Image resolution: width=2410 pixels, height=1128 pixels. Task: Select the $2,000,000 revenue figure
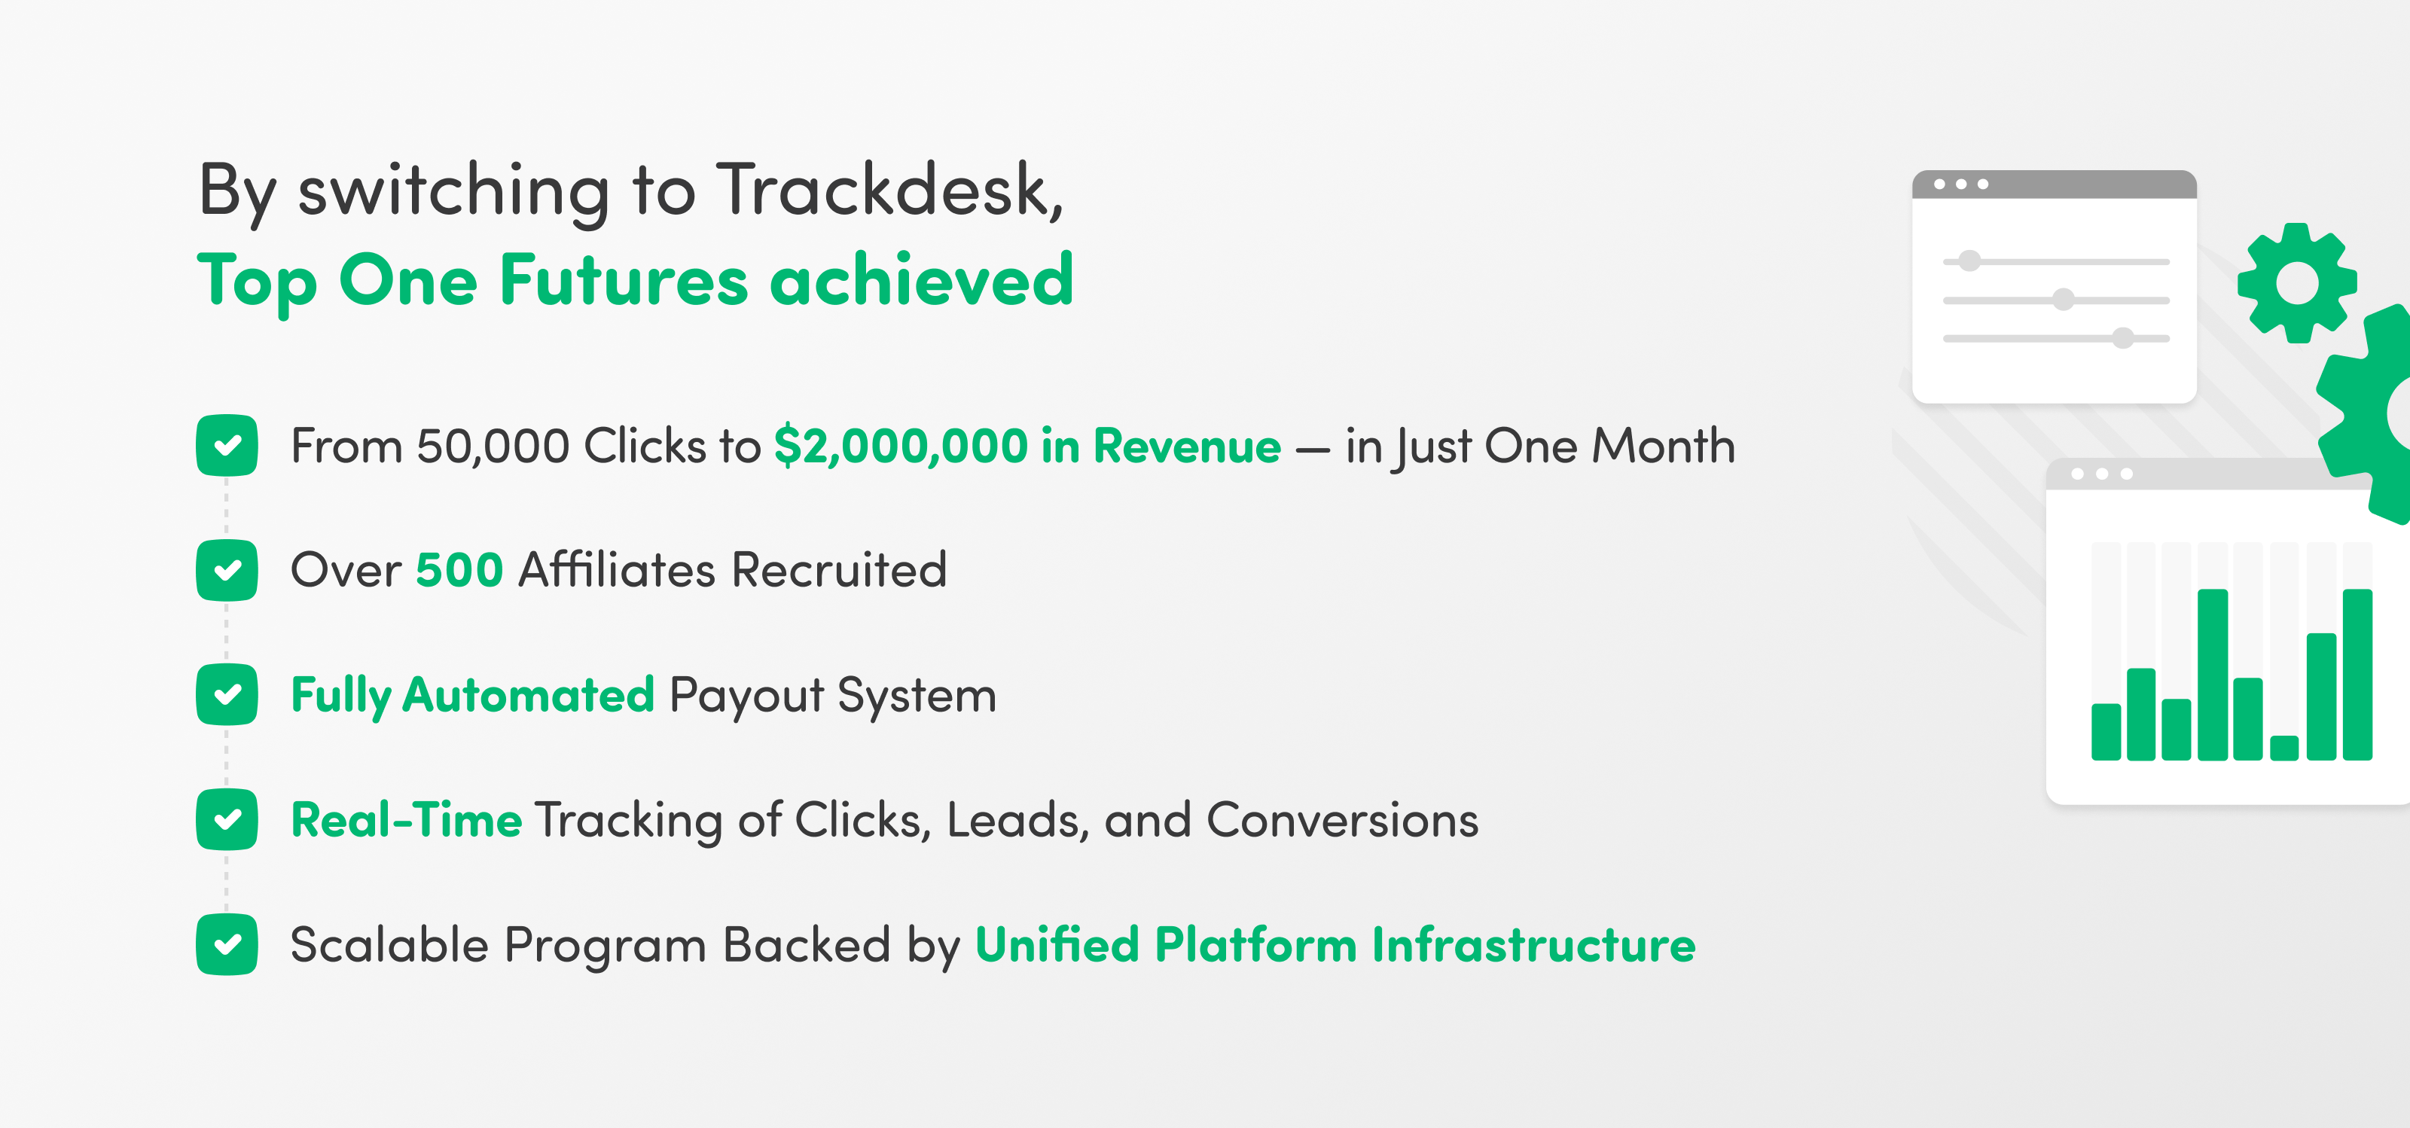[x=901, y=446]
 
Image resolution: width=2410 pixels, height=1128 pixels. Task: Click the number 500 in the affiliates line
[x=459, y=569]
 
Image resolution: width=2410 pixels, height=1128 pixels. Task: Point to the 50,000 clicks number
[x=493, y=446]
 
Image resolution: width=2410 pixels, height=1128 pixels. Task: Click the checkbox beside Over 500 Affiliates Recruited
[x=227, y=569]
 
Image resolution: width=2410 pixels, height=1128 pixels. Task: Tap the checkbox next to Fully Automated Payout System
[x=227, y=695]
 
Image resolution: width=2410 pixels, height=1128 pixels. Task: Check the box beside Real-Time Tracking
[x=227, y=819]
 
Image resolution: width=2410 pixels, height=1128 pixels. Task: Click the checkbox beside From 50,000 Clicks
[x=227, y=445]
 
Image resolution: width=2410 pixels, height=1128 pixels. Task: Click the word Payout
[x=746, y=697]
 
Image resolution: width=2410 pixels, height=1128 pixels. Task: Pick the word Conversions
[x=1343, y=820]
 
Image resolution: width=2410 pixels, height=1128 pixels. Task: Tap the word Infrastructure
[x=1533, y=945]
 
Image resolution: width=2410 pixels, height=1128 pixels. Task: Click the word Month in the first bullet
[x=1664, y=445]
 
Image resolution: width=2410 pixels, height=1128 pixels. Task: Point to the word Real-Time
[x=406, y=820]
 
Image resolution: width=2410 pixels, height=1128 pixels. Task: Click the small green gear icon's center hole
[x=2297, y=282]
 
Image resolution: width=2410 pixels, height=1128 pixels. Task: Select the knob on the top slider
[x=1969, y=261]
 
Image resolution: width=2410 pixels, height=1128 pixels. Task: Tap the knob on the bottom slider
[x=2123, y=337]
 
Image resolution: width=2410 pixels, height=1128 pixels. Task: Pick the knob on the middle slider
[x=2063, y=299]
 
